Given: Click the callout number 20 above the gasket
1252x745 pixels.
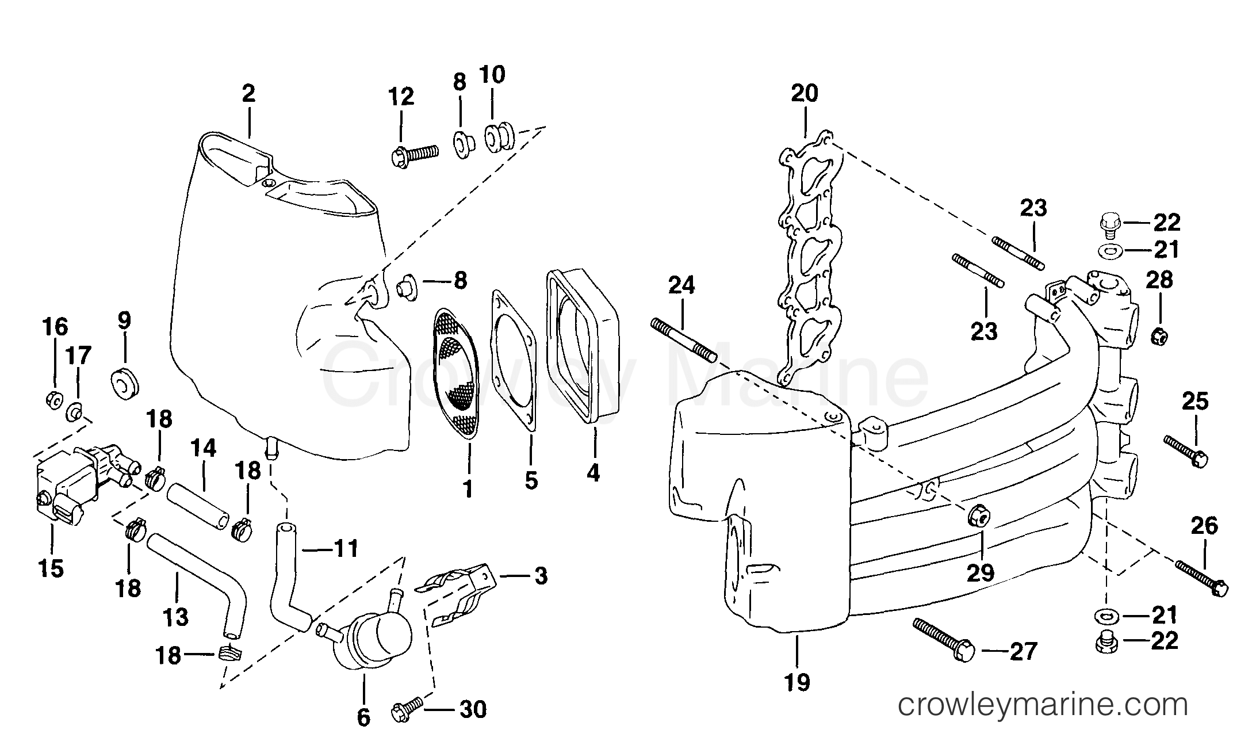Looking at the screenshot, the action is (x=804, y=93).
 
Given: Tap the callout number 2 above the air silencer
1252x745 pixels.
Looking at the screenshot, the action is (x=248, y=93).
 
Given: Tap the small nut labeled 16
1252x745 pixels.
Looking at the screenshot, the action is (x=53, y=398).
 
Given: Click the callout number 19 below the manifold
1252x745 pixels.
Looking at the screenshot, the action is (x=797, y=682).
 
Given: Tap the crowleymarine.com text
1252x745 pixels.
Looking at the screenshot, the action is (x=1043, y=705).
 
